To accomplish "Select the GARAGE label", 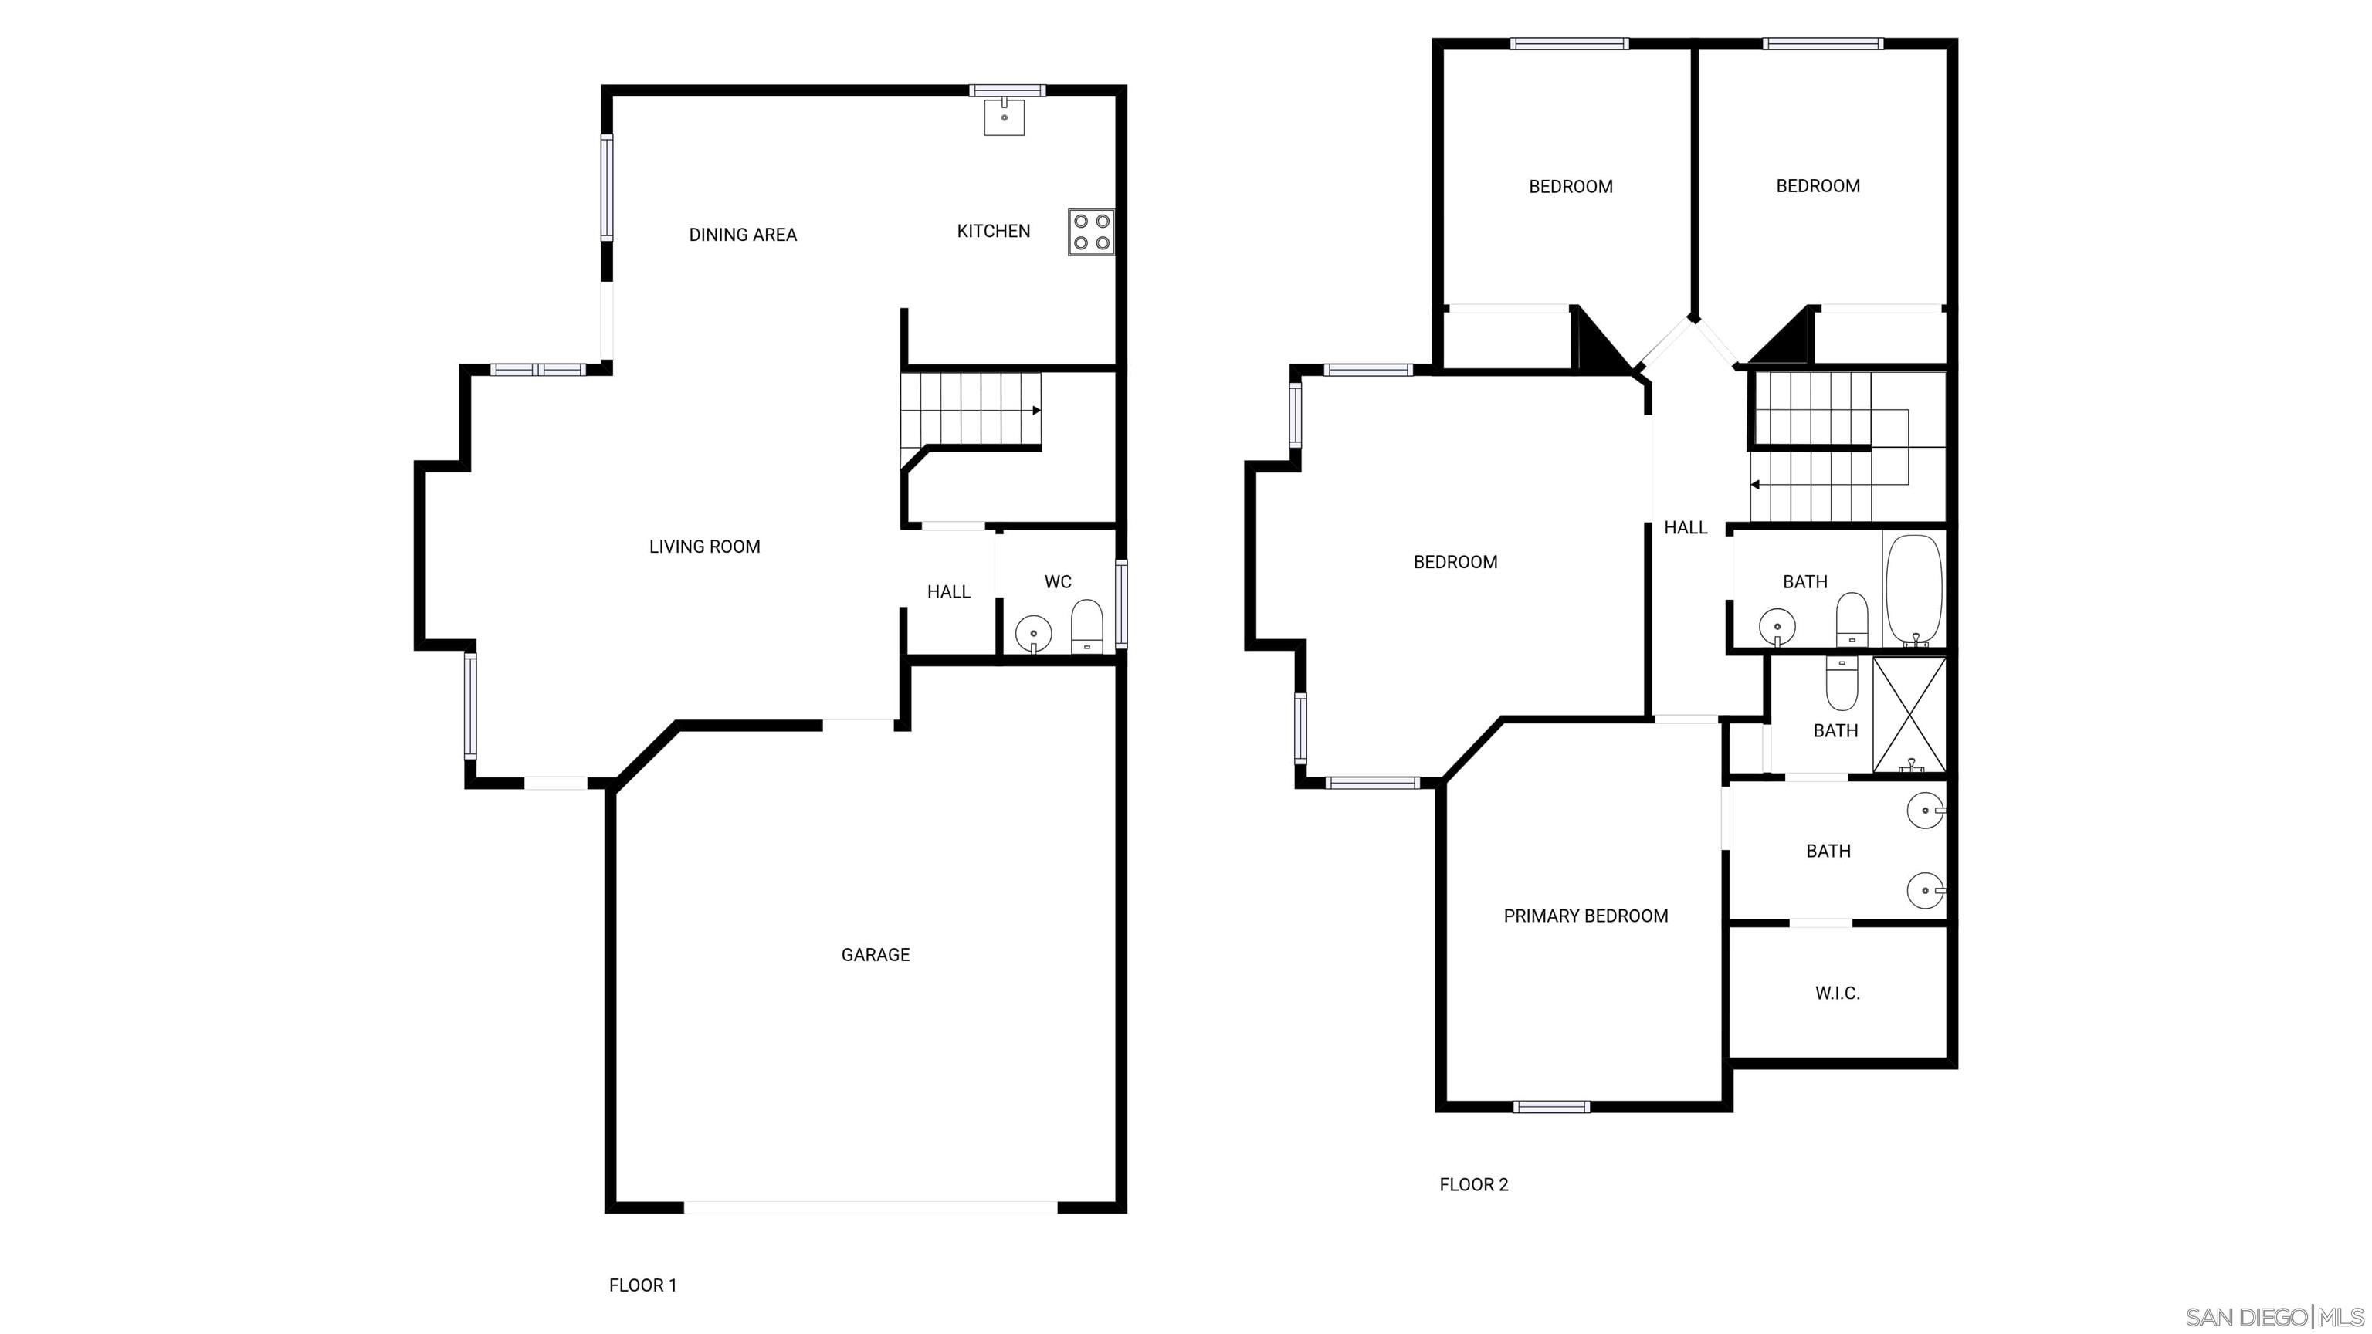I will [x=875, y=955].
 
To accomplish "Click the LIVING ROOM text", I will [x=704, y=547].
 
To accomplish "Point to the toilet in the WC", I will [x=1086, y=627].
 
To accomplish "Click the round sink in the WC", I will [x=1033, y=633].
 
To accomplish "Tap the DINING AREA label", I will [x=742, y=235].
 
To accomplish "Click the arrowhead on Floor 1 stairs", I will [x=1037, y=411].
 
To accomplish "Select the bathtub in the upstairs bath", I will [x=1914, y=589].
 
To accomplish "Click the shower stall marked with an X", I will [x=1909, y=714].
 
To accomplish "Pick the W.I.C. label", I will [x=1837, y=994].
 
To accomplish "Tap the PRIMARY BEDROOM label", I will [x=1586, y=916].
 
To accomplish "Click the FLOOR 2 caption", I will [x=1473, y=1185].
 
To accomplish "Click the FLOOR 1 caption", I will [x=642, y=1285].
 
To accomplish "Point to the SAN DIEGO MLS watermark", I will [x=2275, y=1316].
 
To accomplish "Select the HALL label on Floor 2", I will [x=1685, y=527].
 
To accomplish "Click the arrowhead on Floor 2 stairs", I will [x=1755, y=484].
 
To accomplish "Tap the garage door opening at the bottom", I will [x=870, y=1207].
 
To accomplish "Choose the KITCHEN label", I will [x=993, y=231].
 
